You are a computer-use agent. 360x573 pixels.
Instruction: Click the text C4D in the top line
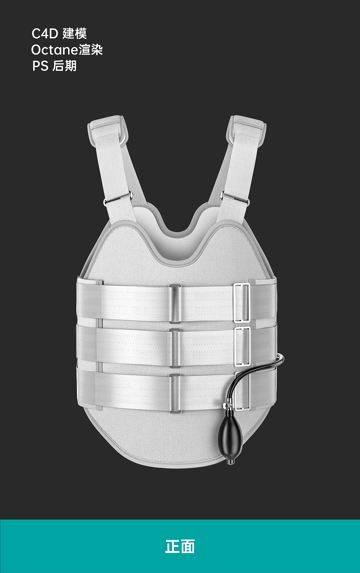[45, 34]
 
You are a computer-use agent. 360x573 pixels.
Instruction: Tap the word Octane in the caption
[55, 50]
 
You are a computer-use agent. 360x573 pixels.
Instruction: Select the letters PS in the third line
[40, 66]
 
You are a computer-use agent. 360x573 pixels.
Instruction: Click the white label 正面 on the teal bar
[180, 547]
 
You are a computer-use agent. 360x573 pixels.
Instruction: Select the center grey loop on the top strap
[175, 304]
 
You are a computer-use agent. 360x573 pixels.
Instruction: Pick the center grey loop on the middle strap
[175, 348]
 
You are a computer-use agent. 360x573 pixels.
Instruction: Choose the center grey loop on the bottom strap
[175, 394]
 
